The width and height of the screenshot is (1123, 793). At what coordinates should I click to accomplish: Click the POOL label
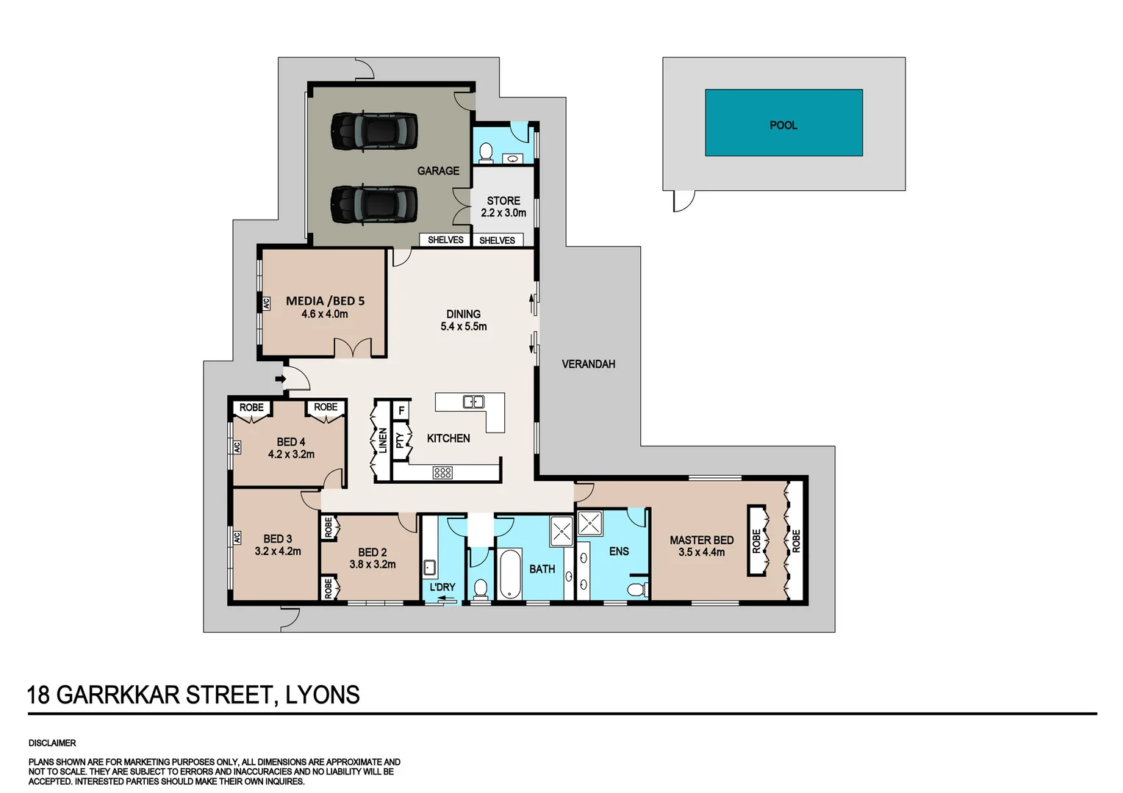pyautogui.click(x=783, y=125)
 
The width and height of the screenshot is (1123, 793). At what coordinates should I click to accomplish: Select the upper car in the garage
pyautogui.click(x=373, y=131)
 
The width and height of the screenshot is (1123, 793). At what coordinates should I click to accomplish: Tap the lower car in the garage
pyautogui.click(x=373, y=203)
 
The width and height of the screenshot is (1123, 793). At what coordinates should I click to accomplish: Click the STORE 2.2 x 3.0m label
pyautogui.click(x=503, y=206)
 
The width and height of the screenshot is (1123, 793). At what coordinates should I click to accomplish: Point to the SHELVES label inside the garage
pyautogui.click(x=445, y=240)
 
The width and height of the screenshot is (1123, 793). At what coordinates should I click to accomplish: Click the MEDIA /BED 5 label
pyautogui.click(x=325, y=307)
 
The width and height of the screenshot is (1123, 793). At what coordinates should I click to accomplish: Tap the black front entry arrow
pyautogui.click(x=280, y=379)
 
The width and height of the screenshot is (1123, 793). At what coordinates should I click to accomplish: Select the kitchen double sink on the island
pyautogui.click(x=473, y=402)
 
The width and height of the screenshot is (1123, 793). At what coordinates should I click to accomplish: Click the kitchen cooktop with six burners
pyautogui.click(x=442, y=473)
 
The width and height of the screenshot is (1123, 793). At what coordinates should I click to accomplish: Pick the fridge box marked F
pyautogui.click(x=401, y=410)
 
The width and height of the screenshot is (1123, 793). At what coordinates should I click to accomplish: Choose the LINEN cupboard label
pyautogui.click(x=382, y=441)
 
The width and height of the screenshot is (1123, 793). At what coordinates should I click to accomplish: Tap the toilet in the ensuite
pyautogui.click(x=637, y=589)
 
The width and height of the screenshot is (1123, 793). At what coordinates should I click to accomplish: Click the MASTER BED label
pyautogui.click(x=701, y=546)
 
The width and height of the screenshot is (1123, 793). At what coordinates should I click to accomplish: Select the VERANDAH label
pyautogui.click(x=588, y=364)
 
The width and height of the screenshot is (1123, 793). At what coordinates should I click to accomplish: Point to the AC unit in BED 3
pyautogui.click(x=237, y=538)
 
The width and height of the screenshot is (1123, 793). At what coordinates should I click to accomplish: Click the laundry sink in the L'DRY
pyautogui.click(x=430, y=567)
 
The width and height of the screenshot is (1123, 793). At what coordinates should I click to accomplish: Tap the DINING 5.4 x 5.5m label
pyautogui.click(x=463, y=320)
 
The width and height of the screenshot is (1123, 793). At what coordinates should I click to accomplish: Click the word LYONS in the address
pyautogui.click(x=322, y=695)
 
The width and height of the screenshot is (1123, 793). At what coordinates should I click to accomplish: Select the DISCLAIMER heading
pyautogui.click(x=52, y=743)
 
